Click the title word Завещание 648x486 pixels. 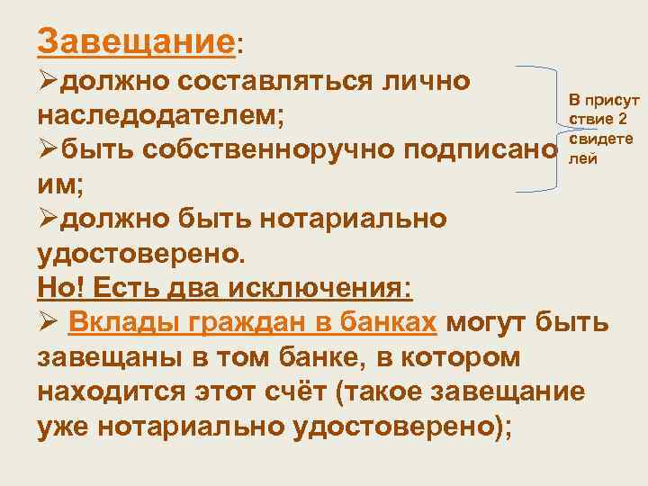135,41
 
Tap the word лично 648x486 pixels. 427,81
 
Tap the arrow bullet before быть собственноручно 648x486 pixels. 48,150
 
